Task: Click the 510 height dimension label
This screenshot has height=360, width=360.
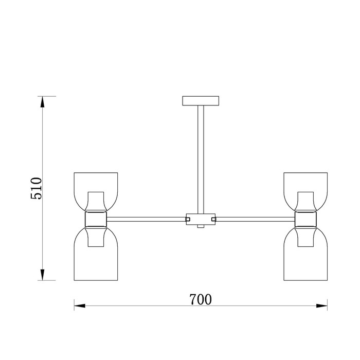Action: coord(37,188)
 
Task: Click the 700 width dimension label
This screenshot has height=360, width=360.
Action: coord(201,299)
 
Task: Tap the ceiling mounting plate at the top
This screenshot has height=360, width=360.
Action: coord(201,101)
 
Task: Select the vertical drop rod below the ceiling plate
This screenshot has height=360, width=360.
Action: coord(201,159)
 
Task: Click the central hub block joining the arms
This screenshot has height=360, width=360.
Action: coord(201,219)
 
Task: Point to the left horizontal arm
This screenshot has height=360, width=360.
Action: coord(146,219)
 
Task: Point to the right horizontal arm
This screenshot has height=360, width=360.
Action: coord(255,219)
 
